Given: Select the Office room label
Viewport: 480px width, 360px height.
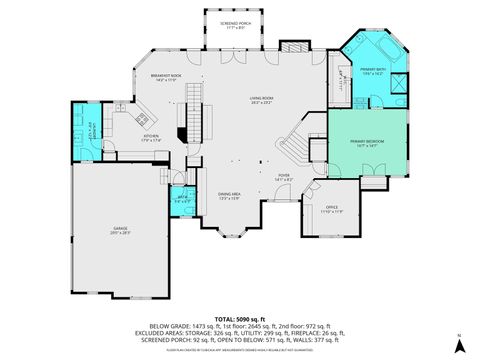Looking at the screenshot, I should point(331,209).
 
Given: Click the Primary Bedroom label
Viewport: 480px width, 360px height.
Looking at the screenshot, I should point(367,143).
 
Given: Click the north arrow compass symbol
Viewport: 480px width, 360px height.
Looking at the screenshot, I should point(459,345).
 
